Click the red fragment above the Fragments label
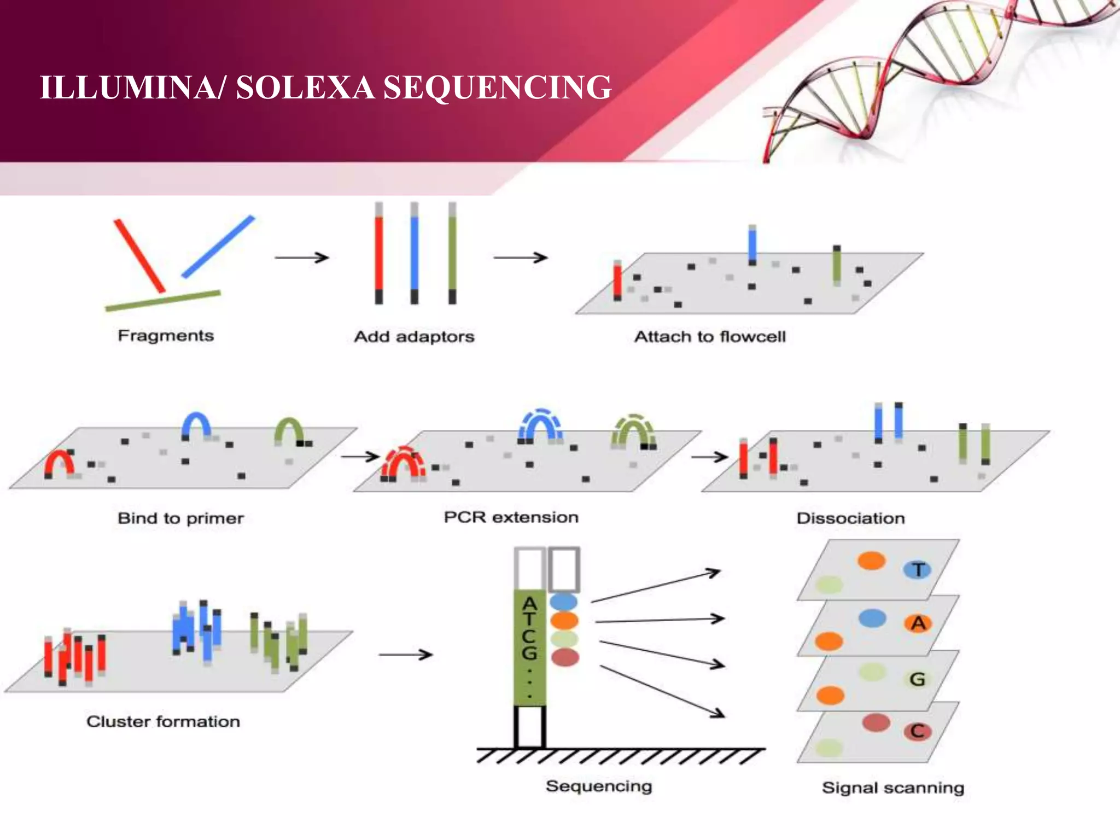[139, 255]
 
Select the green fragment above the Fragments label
[163, 301]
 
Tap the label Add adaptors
[414, 336]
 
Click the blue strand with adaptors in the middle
[415, 253]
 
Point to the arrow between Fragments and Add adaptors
[301, 257]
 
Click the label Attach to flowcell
[710, 336]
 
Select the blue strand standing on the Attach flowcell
[752, 245]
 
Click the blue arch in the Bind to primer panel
[196, 424]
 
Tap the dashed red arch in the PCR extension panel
[403, 462]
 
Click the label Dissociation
[850, 518]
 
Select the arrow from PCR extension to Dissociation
[709, 456]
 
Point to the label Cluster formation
[163, 721]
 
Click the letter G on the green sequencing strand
[529, 653]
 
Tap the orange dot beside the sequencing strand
[564, 621]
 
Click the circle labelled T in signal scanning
[917, 570]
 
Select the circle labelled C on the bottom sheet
[917, 731]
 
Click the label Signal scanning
[892, 787]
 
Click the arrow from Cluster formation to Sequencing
[405, 654]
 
